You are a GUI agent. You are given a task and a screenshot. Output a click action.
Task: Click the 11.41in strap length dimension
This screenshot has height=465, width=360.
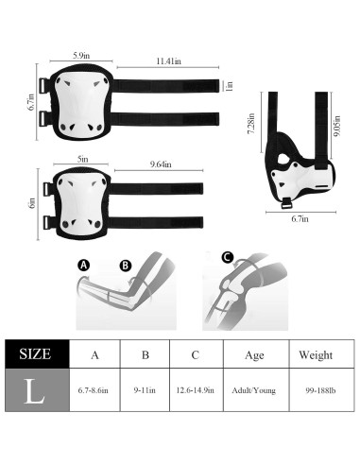168,60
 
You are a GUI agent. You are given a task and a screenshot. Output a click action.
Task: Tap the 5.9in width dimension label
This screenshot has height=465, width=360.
81,56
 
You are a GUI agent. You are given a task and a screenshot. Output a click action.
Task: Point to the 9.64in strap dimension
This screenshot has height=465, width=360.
161,164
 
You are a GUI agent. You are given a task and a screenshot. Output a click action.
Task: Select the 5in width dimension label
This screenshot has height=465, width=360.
82,159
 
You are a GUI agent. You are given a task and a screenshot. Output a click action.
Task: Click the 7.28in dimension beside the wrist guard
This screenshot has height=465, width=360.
251,124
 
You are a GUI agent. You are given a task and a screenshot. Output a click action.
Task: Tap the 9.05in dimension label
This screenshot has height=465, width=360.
337,126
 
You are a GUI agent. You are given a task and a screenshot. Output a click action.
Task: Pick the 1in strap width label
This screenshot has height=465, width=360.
230,86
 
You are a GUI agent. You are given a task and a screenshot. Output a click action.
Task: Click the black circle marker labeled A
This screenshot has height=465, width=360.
83,265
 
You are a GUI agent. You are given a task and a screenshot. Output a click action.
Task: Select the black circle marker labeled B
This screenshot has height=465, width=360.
126,266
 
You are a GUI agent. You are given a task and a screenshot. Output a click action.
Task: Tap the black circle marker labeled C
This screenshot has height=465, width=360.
227,257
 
